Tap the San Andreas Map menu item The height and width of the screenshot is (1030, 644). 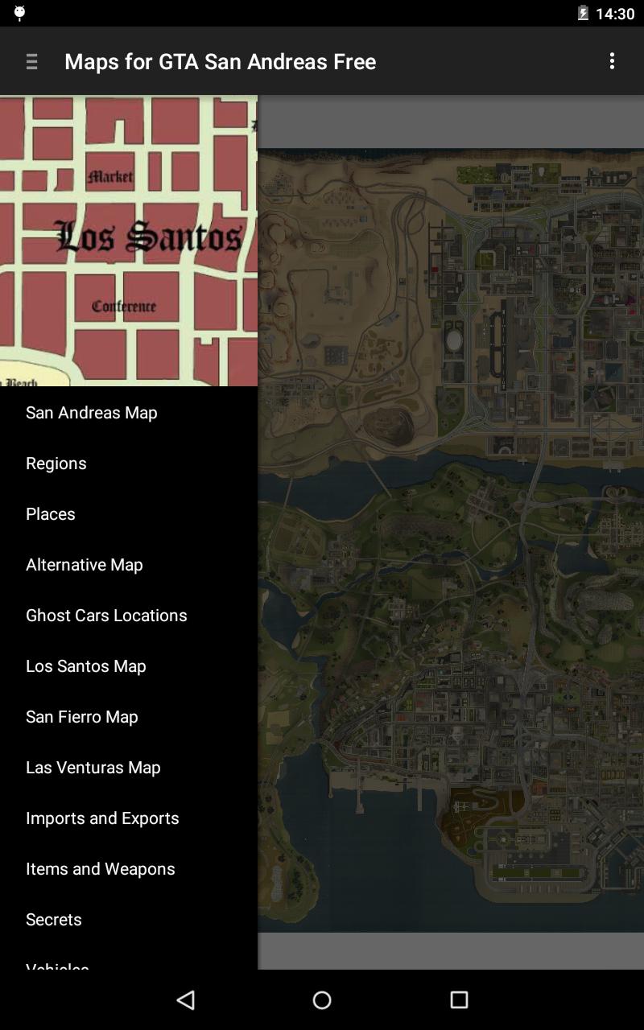91,412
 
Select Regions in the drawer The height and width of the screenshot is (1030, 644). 56,463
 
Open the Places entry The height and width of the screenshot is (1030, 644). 51,513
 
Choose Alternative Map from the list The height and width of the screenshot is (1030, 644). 85,564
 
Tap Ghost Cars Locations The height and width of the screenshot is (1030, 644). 106,615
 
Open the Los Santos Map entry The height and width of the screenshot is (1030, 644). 86,665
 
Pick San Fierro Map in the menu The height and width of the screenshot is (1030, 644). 82,716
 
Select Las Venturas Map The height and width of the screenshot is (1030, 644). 93,767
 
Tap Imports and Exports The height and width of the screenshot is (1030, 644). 102,818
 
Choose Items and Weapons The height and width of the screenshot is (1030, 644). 101,868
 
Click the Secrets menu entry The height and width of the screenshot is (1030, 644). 54,919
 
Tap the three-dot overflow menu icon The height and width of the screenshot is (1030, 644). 612,61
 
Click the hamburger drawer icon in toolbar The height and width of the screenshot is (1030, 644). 32,61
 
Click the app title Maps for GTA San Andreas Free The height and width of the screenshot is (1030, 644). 220,61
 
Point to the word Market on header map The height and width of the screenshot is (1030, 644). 111,176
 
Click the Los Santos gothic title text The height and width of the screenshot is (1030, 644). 149,236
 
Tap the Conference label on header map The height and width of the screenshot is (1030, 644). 124,306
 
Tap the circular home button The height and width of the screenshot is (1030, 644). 322,999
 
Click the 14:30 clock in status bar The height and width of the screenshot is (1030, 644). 615,14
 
